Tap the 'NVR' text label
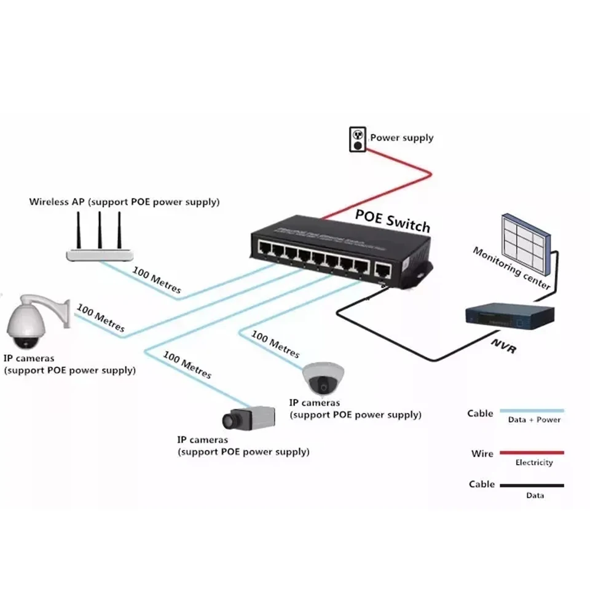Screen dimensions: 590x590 (x=503, y=346)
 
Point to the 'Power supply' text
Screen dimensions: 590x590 (x=401, y=138)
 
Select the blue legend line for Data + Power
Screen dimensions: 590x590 (x=532, y=410)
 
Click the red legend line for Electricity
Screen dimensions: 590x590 (x=532, y=453)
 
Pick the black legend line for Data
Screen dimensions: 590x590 (x=532, y=486)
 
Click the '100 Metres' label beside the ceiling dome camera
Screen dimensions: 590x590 (x=275, y=346)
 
